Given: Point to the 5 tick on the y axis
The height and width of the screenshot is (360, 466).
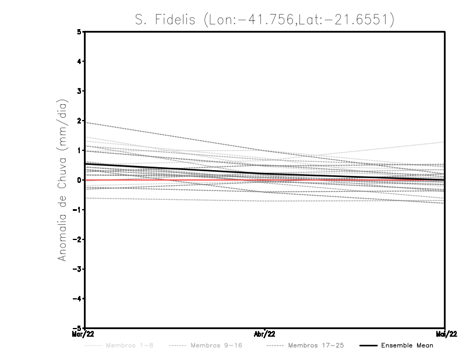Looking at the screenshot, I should tap(79, 31).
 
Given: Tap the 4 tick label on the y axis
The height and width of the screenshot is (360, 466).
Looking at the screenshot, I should tap(79, 61).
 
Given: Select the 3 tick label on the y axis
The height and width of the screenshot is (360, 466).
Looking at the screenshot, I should tap(79, 91).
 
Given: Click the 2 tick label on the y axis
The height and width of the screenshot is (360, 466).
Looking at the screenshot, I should tap(79, 121).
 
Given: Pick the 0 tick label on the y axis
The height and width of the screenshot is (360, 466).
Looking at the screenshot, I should tap(79, 180).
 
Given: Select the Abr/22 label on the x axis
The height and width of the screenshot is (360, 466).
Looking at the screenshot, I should tap(265, 334).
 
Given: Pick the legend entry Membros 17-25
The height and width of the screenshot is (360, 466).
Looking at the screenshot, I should tap(316, 345).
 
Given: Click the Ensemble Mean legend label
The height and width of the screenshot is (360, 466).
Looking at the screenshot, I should tap(407, 345).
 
